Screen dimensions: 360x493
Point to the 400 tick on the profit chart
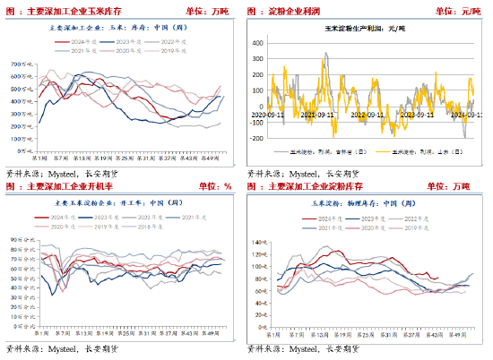click(256, 42)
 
